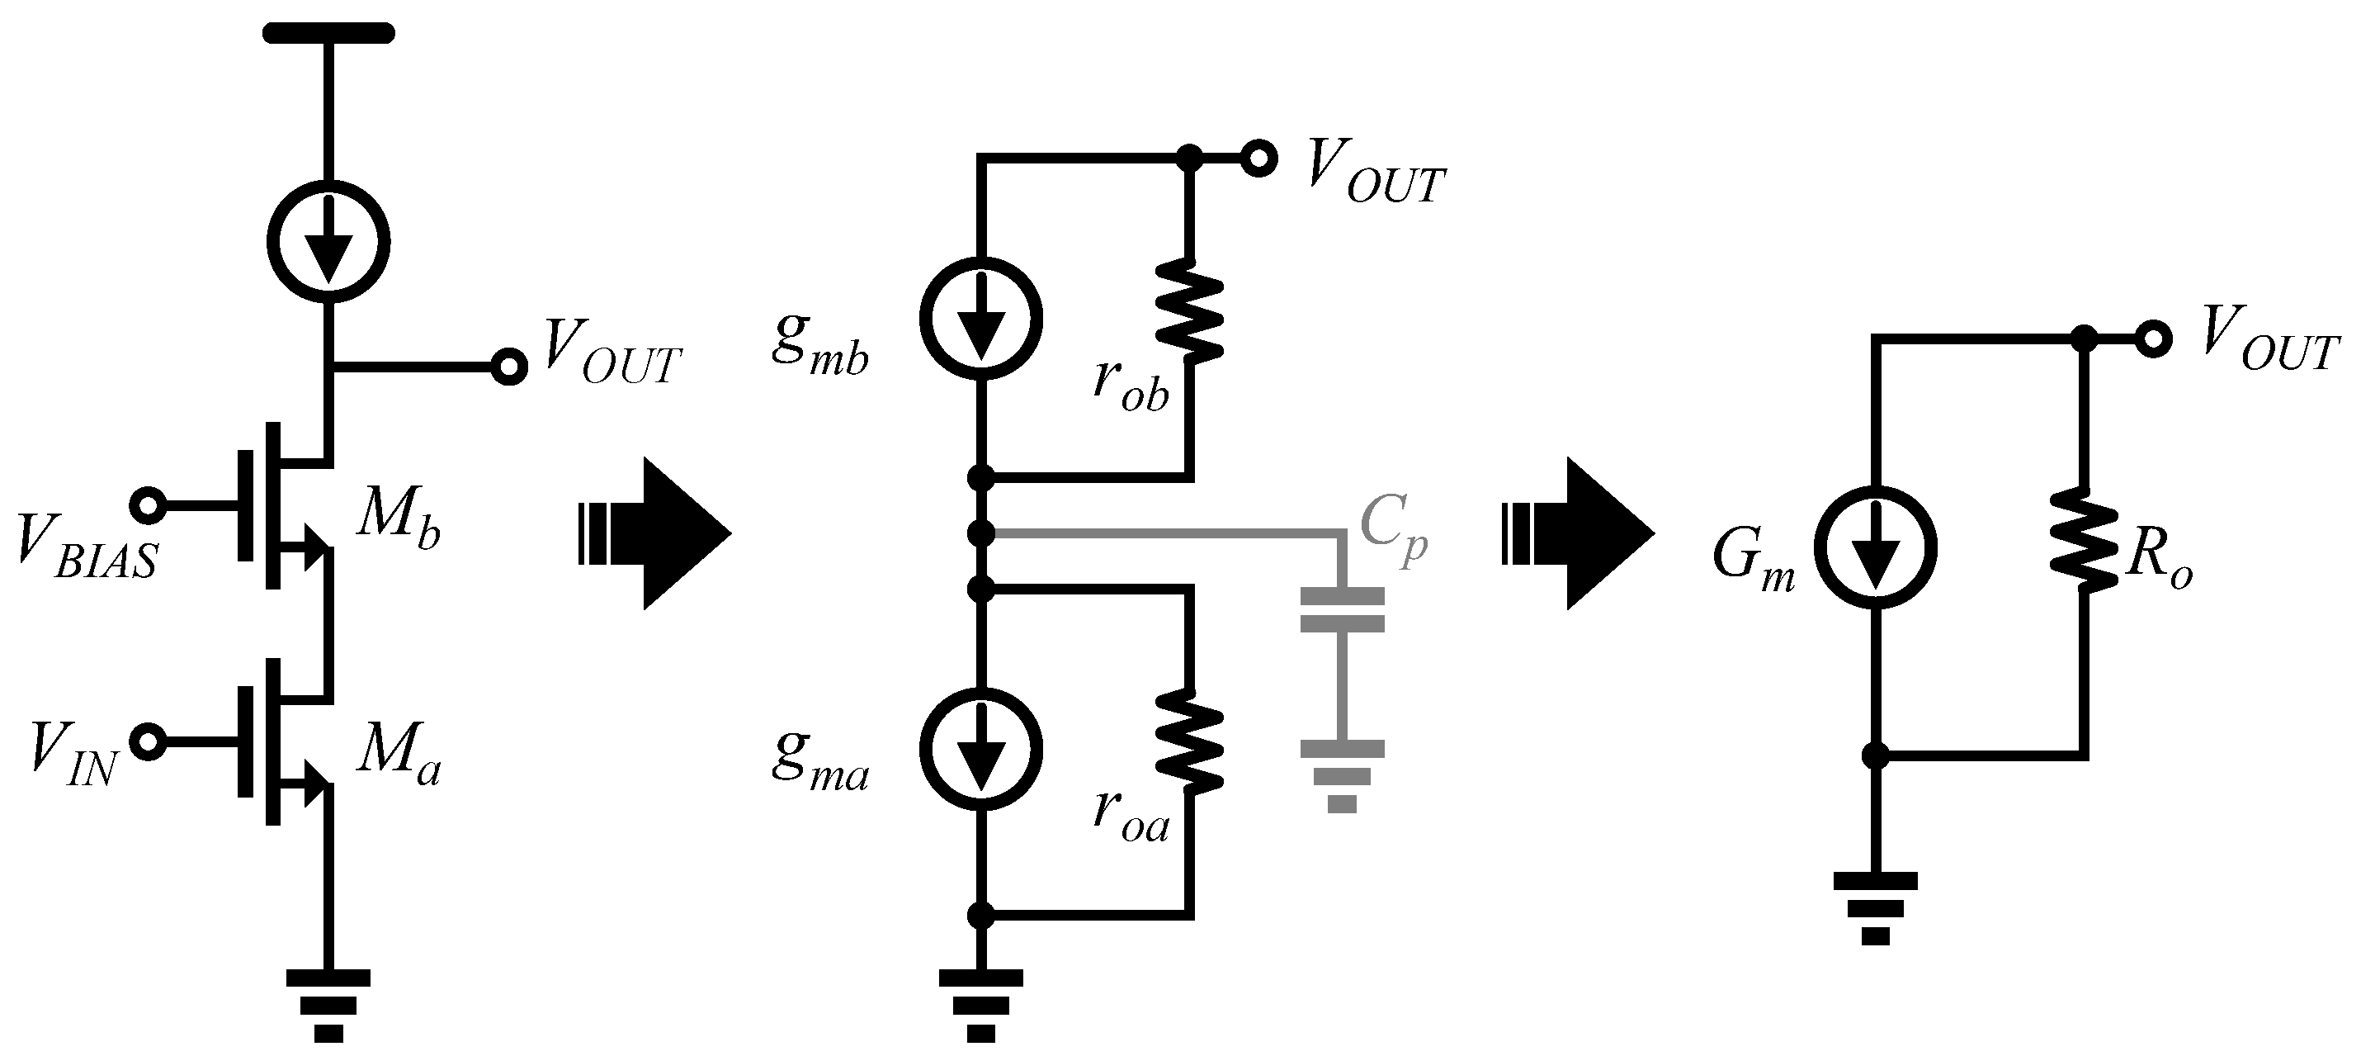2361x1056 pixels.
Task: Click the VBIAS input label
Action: point(87,550)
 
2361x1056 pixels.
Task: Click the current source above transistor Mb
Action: point(328,241)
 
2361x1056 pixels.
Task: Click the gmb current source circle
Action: point(980,317)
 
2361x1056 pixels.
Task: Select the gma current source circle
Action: point(980,748)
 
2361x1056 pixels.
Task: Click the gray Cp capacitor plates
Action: point(1342,610)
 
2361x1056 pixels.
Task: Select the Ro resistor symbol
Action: point(2085,539)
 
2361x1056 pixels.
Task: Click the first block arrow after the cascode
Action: point(655,533)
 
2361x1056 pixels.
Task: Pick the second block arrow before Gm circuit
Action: point(1579,533)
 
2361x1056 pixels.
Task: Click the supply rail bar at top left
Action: point(328,34)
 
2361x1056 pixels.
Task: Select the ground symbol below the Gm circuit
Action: point(1875,907)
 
